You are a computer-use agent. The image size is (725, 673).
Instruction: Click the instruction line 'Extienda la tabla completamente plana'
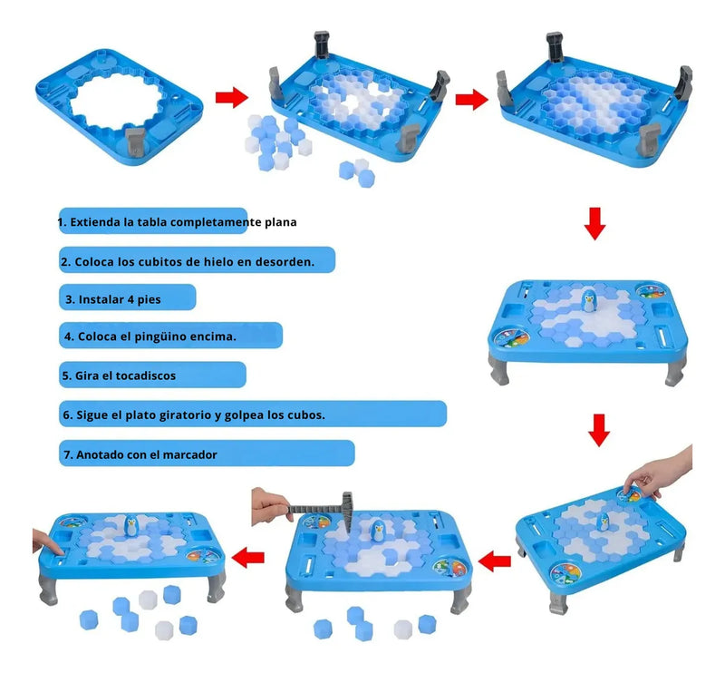click(177, 221)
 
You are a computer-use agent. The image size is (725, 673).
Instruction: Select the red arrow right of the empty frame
click(232, 98)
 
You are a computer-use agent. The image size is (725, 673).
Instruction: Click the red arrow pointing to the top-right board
click(470, 98)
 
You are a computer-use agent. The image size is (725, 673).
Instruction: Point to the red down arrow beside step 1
click(594, 223)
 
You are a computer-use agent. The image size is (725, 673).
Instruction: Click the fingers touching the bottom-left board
click(43, 542)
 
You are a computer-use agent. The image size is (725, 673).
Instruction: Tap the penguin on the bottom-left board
click(131, 529)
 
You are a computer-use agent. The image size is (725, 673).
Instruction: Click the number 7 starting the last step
click(67, 454)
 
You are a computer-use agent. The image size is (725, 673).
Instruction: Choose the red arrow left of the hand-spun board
click(494, 562)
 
